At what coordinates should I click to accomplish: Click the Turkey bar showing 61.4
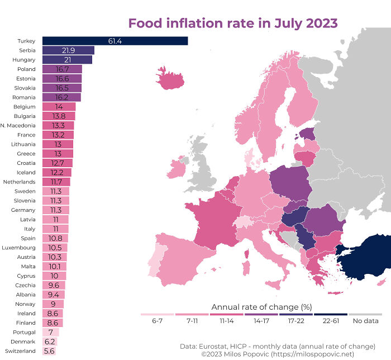[115, 41]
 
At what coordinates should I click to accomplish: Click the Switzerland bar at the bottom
[50, 350]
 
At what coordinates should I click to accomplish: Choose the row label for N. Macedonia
[18, 125]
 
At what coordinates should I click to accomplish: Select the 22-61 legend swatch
[330, 315]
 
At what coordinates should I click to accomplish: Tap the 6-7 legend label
[158, 321]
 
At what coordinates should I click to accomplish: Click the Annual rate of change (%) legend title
[261, 306]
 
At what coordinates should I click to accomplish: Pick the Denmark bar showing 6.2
[50, 341]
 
